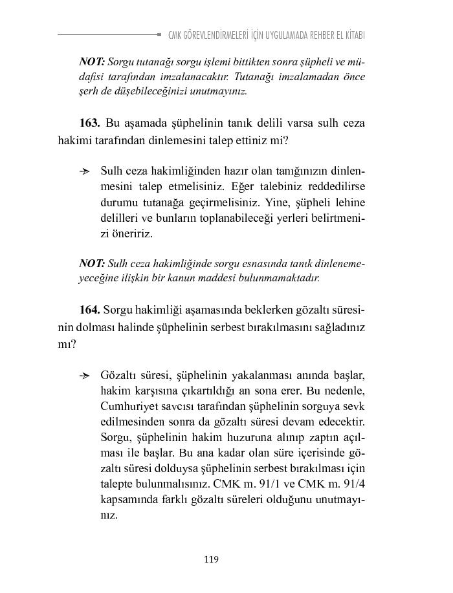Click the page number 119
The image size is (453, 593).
click(x=211, y=559)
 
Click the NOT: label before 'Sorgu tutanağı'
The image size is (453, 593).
click(x=92, y=62)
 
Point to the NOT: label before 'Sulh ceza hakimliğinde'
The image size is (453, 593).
click(x=92, y=263)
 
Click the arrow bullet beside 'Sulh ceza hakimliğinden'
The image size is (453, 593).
click(x=84, y=171)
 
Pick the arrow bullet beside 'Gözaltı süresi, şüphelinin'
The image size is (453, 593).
click(x=84, y=376)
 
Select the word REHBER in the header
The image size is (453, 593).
click(x=315, y=35)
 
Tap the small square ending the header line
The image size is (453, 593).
click(x=159, y=34)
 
